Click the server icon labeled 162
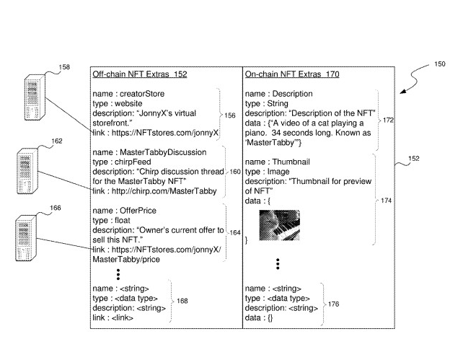click(x=28, y=169)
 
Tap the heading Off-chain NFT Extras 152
click(x=139, y=74)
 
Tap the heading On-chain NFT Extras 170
click(x=292, y=74)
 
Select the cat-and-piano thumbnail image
click(x=279, y=224)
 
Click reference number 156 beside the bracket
click(x=231, y=115)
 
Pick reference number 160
click(x=235, y=172)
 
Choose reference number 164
click(x=235, y=232)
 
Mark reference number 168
click(x=182, y=301)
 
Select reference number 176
click(x=333, y=304)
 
